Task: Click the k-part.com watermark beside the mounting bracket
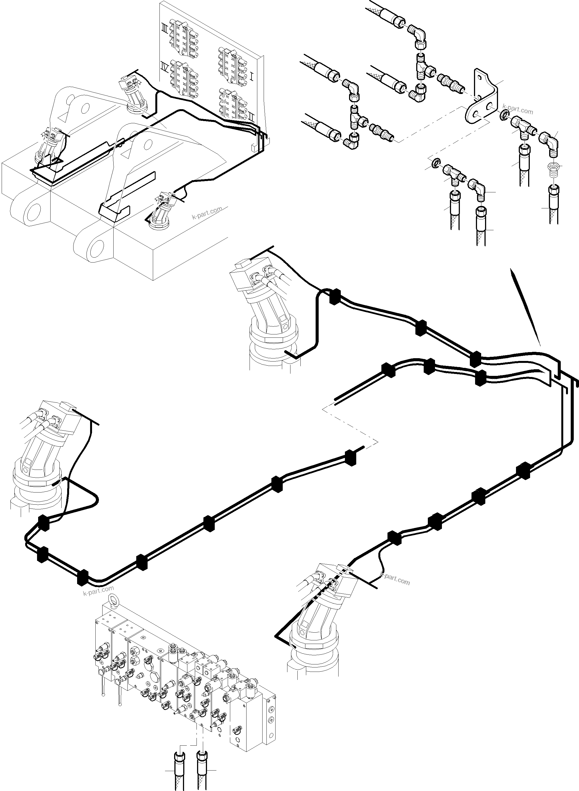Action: coord(517,109)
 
